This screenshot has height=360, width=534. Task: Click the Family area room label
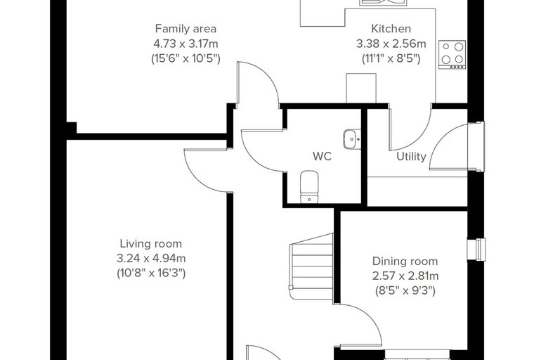pos(185,29)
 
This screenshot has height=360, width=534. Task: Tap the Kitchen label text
pos(391,29)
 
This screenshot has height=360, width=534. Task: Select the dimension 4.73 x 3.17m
pos(185,44)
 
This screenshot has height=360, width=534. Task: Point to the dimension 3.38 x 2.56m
pos(391,44)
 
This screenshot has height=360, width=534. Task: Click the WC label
pos(322,157)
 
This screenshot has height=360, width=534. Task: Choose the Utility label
pos(412,157)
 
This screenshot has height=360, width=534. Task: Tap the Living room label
pos(151,244)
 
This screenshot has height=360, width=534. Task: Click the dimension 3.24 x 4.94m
pos(151,259)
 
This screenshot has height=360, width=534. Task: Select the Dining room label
pos(405,262)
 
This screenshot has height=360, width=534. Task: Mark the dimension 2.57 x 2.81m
pos(405,276)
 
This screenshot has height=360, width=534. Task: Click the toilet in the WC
pos(309,187)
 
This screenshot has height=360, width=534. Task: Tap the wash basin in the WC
pos(352,139)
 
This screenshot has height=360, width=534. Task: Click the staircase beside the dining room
pos(311,266)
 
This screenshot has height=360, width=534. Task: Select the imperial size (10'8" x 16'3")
pos(151,273)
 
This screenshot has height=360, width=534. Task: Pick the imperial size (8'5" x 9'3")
pos(405,291)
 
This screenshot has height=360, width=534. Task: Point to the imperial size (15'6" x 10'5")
pos(185,58)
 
